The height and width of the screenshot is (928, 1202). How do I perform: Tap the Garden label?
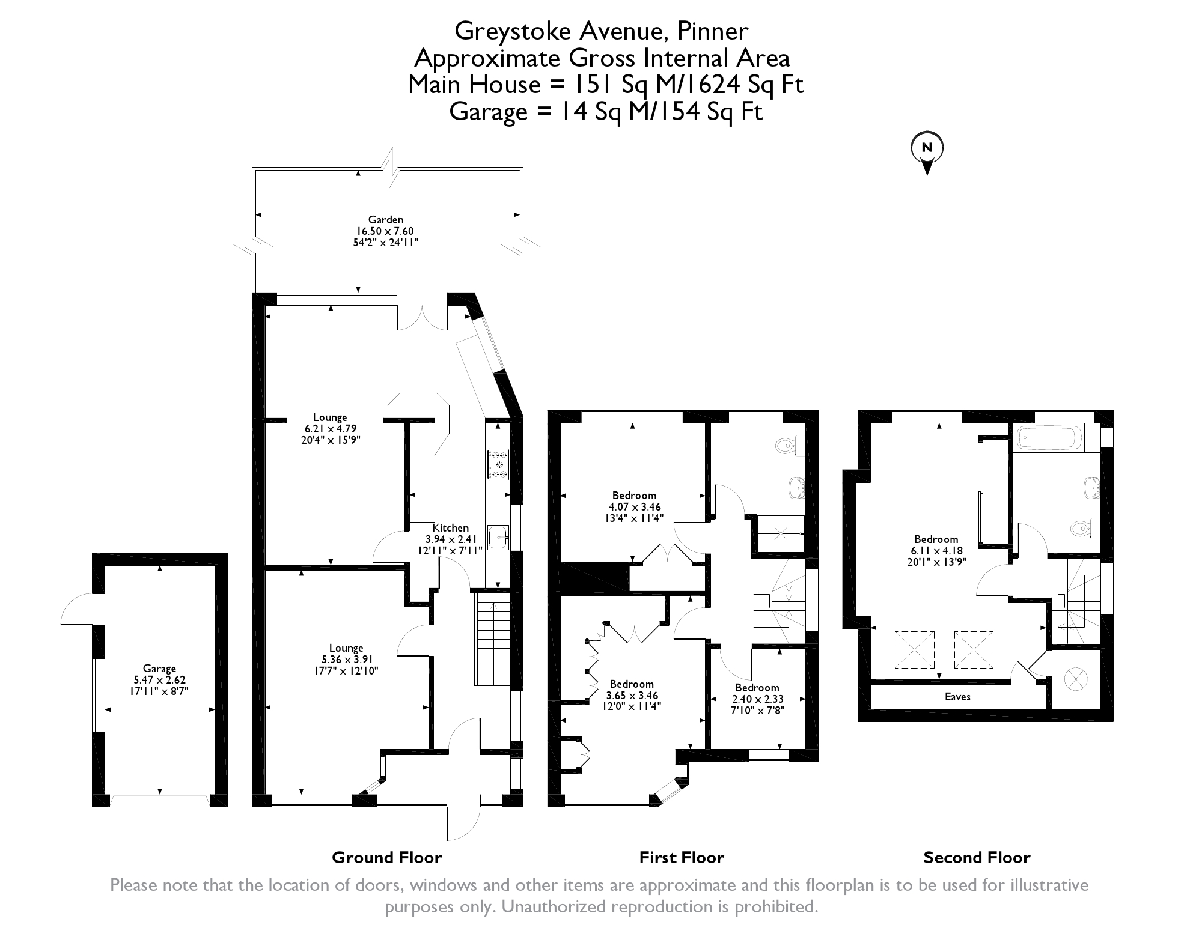(x=386, y=220)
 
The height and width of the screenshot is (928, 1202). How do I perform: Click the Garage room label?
(x=159, y=669)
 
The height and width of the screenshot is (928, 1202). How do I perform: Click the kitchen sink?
(x=498, y=537)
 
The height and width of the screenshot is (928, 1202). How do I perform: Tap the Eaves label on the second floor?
(x=957, y=697)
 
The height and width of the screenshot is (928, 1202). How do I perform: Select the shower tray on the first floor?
(x=780, y=533)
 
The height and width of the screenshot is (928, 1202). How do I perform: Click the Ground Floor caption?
(x=386, y=858)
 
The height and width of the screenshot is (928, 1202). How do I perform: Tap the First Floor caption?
(x=682, y=858)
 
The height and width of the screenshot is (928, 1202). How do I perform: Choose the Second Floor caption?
(x=977, y=858)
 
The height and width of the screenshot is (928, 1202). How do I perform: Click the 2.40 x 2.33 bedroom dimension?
(x=757, y=699)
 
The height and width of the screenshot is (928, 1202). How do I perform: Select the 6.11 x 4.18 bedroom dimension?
(x=936, y=551)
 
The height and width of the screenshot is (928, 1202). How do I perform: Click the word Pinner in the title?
(x=713, y=31)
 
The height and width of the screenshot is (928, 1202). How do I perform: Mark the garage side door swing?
(x=76, y=609)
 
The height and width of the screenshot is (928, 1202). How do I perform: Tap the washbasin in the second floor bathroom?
(x=1092, y=487)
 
